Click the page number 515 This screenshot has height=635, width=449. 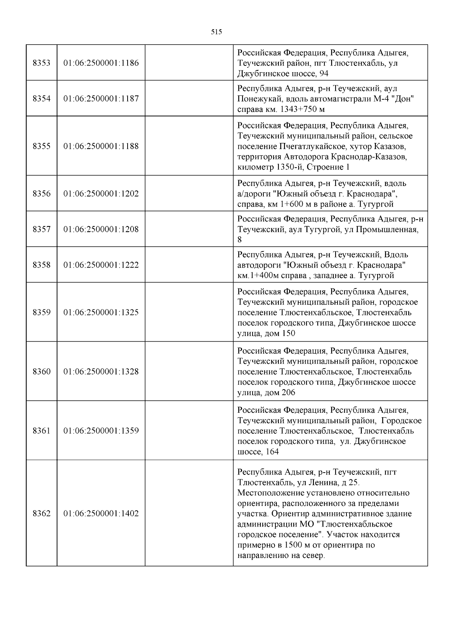click(x=216, y=32)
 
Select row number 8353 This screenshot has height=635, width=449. click(x=42, y=63)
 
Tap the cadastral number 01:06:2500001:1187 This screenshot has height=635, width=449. click(x=101, y=99)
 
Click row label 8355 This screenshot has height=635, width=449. click(x=42, y=146)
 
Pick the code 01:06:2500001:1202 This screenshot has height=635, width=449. click(x=101, y=194)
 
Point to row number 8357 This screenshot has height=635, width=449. click(x=42, y=229)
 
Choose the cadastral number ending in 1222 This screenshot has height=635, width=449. click(x=101, y=265)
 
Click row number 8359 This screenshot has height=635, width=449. click(x=42, y=312)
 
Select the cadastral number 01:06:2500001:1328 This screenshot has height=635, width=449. click(x=101, y=372)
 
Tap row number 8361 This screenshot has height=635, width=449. click(x=42, y=431)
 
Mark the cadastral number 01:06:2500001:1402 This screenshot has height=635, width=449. click(x=101, y=513)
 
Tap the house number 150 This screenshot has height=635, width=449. click(x=288, y=333)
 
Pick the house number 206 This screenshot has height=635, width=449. click(x=288, y=393)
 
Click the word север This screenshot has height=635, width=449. click(x=313, y=556)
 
